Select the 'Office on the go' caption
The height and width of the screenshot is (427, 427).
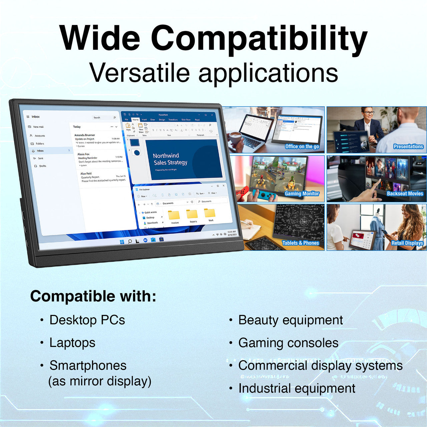point(302,146)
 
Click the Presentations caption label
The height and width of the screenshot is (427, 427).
point(408,146)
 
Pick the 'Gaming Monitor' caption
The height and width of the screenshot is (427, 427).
point(302,193)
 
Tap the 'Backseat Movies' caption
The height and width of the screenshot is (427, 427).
point(405,193)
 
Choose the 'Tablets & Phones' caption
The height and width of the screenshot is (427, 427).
point(300,243)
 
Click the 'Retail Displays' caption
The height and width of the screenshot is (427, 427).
point(407,243)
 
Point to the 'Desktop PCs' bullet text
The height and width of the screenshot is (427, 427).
point(87,320)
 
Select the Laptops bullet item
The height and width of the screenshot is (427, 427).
point(72,343)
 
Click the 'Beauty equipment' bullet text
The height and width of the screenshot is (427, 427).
point(290,320)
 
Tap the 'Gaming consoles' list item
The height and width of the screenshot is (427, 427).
point(288,343)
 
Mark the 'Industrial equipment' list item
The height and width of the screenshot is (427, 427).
point(297,388)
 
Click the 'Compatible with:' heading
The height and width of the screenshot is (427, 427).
point(93,296)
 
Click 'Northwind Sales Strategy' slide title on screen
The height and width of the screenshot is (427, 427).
point(170,159)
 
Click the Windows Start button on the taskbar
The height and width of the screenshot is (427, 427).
point(122,242)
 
